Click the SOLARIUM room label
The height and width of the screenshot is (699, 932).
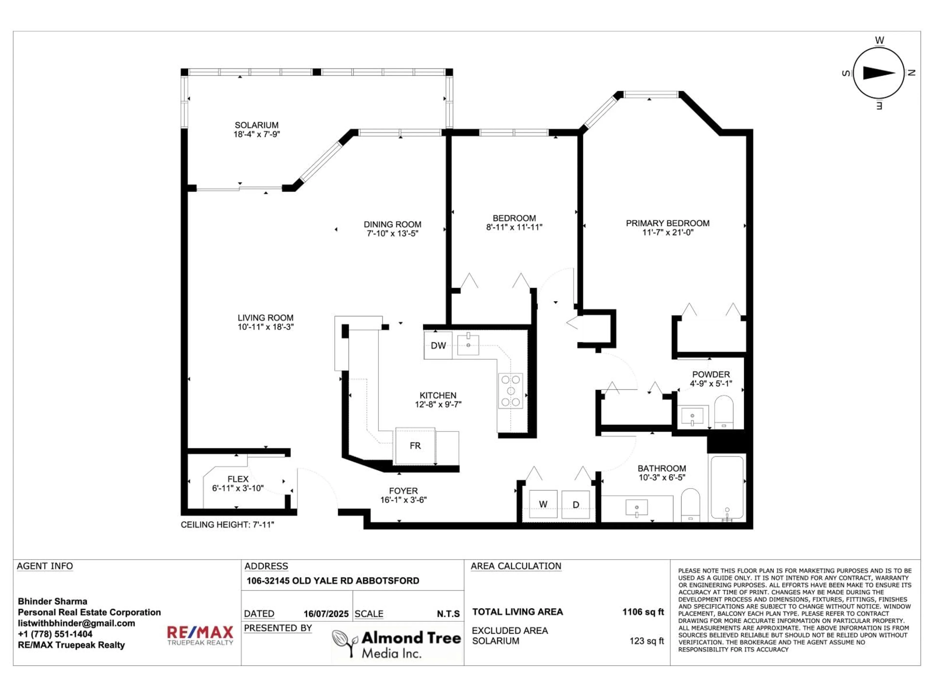point(257,125)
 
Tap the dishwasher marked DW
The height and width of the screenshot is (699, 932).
point(438,346)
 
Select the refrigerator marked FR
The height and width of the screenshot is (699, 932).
point(415,446)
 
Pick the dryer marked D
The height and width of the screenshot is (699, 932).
point(575,504)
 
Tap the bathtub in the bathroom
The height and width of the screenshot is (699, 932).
point(727,488)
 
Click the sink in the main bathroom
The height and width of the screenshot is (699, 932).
point(637,508)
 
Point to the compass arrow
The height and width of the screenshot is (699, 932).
point(879,73)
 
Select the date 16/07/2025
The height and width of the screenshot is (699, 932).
point(326,614)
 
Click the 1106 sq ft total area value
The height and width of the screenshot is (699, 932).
point(643,612)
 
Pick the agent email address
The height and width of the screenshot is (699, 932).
point(76,623)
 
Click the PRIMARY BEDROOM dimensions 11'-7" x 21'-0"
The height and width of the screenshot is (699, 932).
point(668,233)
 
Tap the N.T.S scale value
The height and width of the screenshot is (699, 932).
point(448,614)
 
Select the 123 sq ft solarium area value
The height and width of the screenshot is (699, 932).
point(647,641)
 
